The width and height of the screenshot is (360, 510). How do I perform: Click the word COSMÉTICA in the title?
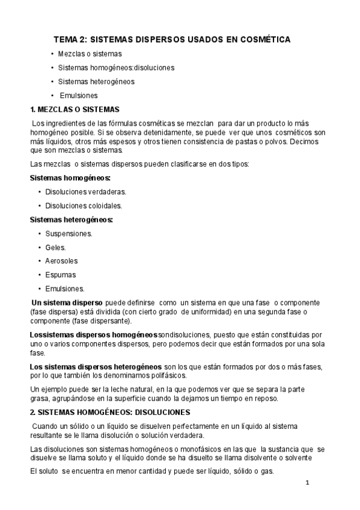pyautogui.click(x=266, y=39)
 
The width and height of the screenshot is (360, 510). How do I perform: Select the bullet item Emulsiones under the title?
pyautogui.click(x=78, y=95)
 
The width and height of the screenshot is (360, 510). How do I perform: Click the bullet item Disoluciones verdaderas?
pyautogui.click(x=85, y=192)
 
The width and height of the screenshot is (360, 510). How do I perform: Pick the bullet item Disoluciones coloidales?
pyautogui.click(x=84, y=205)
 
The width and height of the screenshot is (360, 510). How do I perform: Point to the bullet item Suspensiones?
pyautogui.click(x=69, y=233)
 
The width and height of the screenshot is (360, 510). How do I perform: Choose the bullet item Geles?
pyautogui.click(x=55, y=247)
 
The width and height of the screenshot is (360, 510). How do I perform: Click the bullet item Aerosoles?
pyautogui.click(x=61, y=261)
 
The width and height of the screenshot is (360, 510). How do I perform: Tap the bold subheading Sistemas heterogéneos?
pyautogui.click(x=72, y=220)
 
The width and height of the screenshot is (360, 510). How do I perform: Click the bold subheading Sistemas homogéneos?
pyautogui.click(x=70, y=178)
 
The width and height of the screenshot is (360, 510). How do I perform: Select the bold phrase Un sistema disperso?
pyautogui.click(x=67, y=302)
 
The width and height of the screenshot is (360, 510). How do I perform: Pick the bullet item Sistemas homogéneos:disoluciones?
pyautogui.click(x=116, y=67)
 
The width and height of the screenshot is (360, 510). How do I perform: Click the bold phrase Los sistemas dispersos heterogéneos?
pyautogui.click(x=96, y=366)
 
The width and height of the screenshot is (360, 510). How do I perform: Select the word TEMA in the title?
pyautogui.click(x=67, y=39)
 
